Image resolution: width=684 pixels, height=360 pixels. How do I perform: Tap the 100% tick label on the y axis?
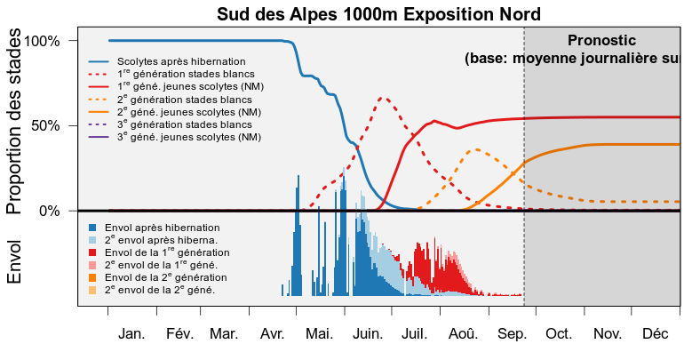(x=42, y=42)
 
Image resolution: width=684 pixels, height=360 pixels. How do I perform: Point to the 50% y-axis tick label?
(x=45, y=126)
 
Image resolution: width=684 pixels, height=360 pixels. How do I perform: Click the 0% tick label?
(x=49, y=212)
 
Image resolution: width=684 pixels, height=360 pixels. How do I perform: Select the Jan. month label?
(x=131, y=334)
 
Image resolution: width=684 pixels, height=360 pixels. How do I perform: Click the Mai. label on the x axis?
(x=319, y=334)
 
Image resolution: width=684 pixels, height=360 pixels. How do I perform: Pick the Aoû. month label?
(x=464, y=334)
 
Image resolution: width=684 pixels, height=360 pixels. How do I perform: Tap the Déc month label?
(x=656, y=334)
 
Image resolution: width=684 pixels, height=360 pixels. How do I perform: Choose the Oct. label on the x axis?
(x=559, y=334)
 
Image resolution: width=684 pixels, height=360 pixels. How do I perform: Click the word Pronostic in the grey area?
(x=601, y=41)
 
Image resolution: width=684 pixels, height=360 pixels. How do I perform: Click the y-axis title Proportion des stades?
(x=13, y=121)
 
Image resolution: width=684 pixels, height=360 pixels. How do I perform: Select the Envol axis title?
(x=13, y=262)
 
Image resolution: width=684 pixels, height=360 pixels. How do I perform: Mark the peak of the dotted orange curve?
(x=476, y=149)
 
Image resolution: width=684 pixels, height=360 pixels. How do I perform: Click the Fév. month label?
(x=179, y=334)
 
